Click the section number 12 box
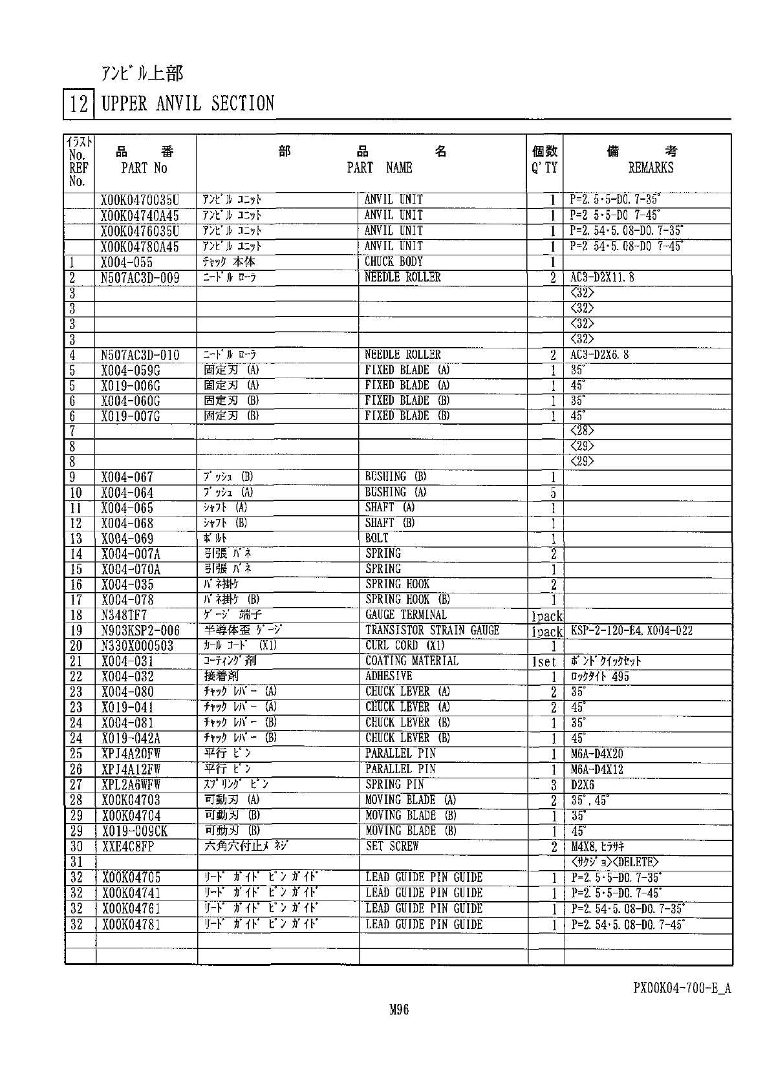point(78,104)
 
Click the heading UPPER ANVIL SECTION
point(188,103)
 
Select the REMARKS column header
point(651,167)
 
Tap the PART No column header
point(144,168)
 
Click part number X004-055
point(127,262)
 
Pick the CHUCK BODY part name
point(393,262)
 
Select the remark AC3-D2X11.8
point(602,278)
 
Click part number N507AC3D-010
point(140,356)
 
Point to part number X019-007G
point(131,417)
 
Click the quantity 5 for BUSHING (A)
point(554,493)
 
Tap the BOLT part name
point(376,538)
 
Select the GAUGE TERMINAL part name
point(405,615)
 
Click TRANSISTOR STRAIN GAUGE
point(432,630)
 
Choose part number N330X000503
point(137,646)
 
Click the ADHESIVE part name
point(388,676)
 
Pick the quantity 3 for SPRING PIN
point(554,785)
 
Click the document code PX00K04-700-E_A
point(682,988)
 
